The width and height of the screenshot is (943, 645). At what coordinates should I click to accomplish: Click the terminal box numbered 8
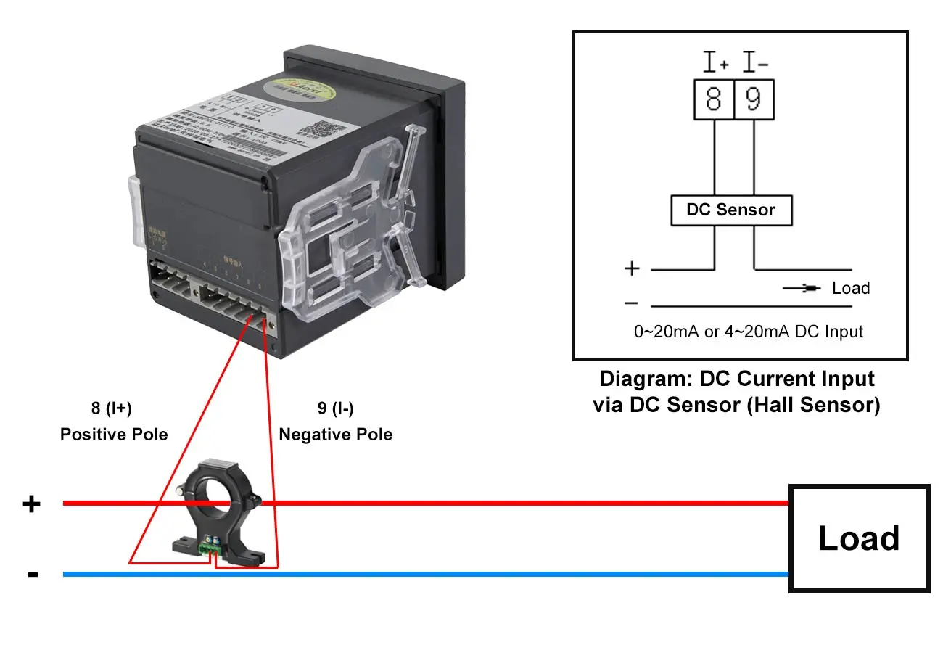(x=714, y=99)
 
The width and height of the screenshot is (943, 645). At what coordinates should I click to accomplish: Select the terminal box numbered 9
(x=754, y=99)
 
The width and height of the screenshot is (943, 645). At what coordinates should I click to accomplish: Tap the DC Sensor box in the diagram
(x=731, y=210)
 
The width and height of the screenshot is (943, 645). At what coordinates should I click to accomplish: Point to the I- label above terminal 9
(x=756, y=63)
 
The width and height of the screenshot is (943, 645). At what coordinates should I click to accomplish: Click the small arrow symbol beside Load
(x=802, y=289)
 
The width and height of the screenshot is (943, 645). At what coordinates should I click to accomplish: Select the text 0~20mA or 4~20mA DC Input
(x=749, y=332)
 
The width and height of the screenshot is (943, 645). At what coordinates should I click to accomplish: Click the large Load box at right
(x=859, y=538)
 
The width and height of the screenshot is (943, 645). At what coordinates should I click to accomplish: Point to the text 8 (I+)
(x=112, y=408)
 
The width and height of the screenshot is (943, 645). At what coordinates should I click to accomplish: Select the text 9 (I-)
(x=335, y=408)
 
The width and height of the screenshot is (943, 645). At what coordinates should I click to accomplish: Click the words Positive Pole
(x=114, y=435)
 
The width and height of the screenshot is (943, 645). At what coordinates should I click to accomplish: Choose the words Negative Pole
(x=336, y=435)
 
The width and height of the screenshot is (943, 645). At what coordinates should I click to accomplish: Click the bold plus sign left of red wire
(x=31, y=504)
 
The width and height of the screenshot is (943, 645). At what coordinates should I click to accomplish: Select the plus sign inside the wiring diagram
(x=632, y=269)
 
